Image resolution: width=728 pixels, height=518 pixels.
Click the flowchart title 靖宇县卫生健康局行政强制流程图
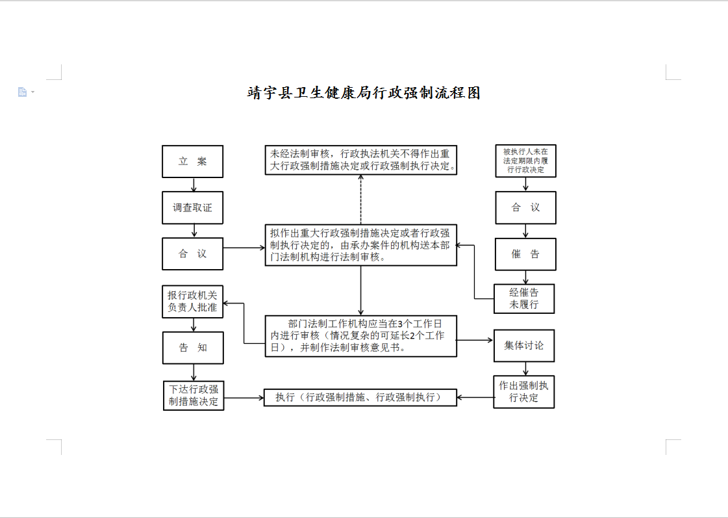point(364,93)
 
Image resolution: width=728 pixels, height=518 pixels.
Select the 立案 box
point(193,161)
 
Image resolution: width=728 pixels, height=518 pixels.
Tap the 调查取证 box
point(193,208)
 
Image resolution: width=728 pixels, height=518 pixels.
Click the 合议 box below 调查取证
point(193,253)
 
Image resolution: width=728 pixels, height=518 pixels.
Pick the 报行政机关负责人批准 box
point(193,302)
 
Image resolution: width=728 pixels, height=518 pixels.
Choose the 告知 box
point(193,348)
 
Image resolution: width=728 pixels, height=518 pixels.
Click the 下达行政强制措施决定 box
point(194,395)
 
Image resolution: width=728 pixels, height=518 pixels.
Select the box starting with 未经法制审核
point(360,160)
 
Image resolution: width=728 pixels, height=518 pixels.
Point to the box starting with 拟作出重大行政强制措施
point(360,245)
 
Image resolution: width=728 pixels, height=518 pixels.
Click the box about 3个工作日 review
point(360,336)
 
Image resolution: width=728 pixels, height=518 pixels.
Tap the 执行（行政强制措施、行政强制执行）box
point(360,397)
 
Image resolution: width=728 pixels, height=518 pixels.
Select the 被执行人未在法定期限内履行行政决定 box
point(525,161)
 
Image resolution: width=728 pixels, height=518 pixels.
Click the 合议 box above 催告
point(525,208)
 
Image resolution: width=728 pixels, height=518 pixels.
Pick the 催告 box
point(525,254)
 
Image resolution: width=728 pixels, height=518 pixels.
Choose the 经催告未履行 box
point(524,299)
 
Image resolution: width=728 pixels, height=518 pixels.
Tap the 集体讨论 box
point(524,346)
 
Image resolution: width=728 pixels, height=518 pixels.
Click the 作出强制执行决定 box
point(524,392)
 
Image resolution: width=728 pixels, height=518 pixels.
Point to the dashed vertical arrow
point(360,200)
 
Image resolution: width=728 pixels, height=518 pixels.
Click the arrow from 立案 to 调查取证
point(194,185)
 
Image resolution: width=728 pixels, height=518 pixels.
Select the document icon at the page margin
point(22,92)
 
